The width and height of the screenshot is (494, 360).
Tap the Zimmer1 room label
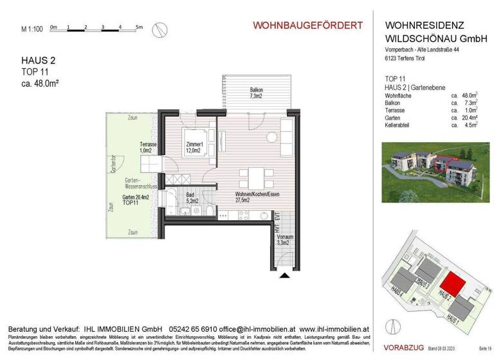click(x=194, y=148)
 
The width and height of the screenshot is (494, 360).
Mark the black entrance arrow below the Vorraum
click(x=286, y=275)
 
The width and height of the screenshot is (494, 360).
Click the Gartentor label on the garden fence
click(x=113, y=166)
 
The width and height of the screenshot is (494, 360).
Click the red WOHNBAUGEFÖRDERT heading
click(x=307, y=25)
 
